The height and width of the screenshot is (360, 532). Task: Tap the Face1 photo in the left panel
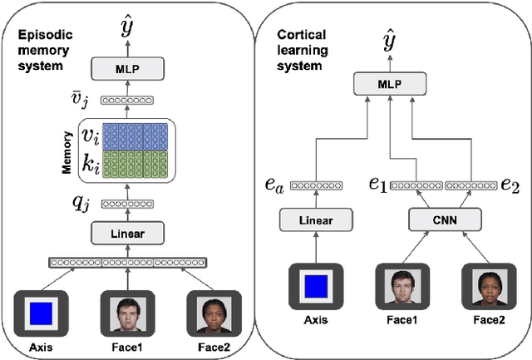128,313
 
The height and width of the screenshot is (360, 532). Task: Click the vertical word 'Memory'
67,150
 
